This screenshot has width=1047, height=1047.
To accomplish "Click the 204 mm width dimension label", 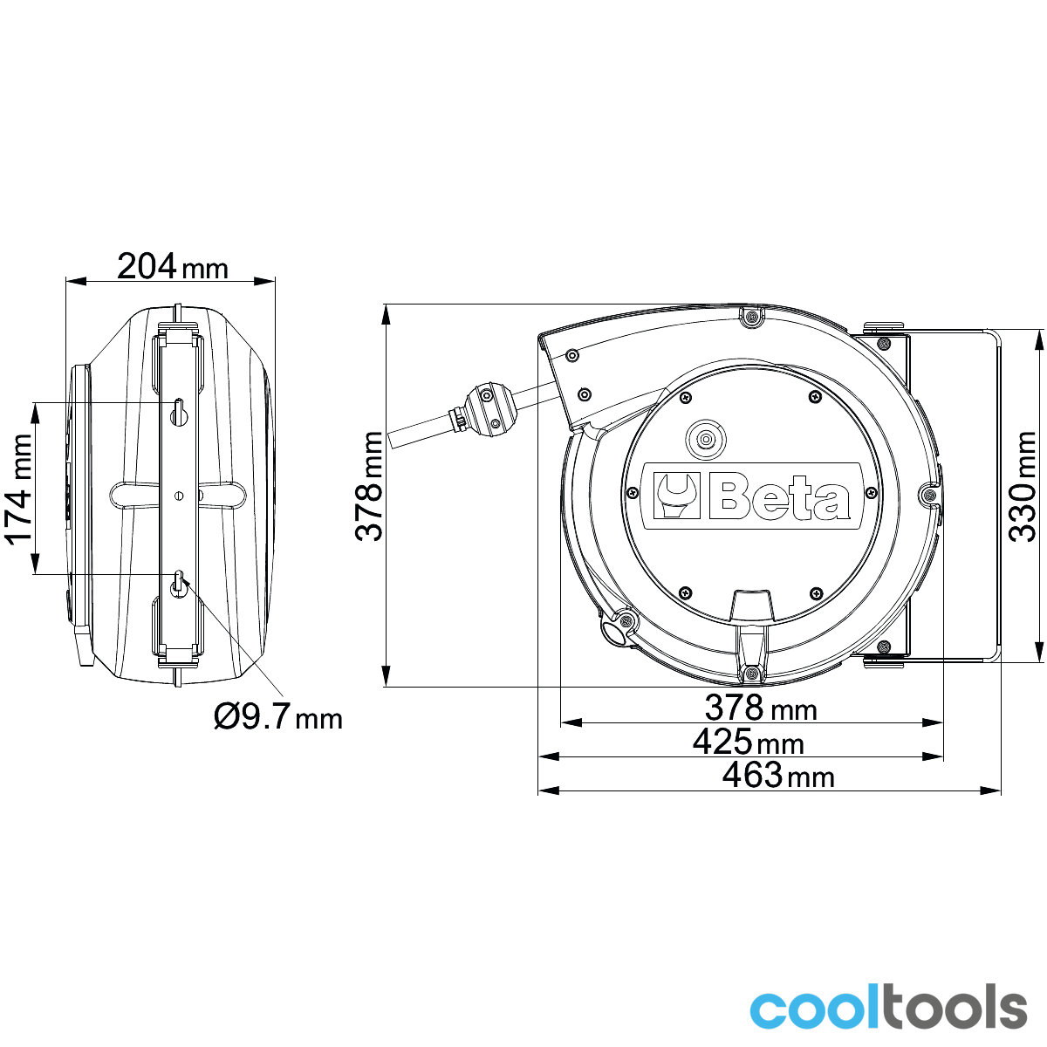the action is [x=172, y=267].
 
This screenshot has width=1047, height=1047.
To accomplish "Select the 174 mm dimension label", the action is [x=19, y=489].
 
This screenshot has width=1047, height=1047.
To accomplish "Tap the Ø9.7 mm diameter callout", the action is [x=278, y=716].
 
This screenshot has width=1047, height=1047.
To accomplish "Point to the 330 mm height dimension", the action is [x=1022, y=486].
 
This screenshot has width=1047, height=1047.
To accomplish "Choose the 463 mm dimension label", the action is [x=778, y=775].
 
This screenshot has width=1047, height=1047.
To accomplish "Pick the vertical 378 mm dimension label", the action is [x=369, y=486].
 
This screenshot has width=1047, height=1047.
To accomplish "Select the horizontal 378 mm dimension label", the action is [x=761, y=708].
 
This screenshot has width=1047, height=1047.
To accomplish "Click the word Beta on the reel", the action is [x=779, y=496].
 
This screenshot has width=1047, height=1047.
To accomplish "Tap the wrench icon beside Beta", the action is [x=676, y=496].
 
